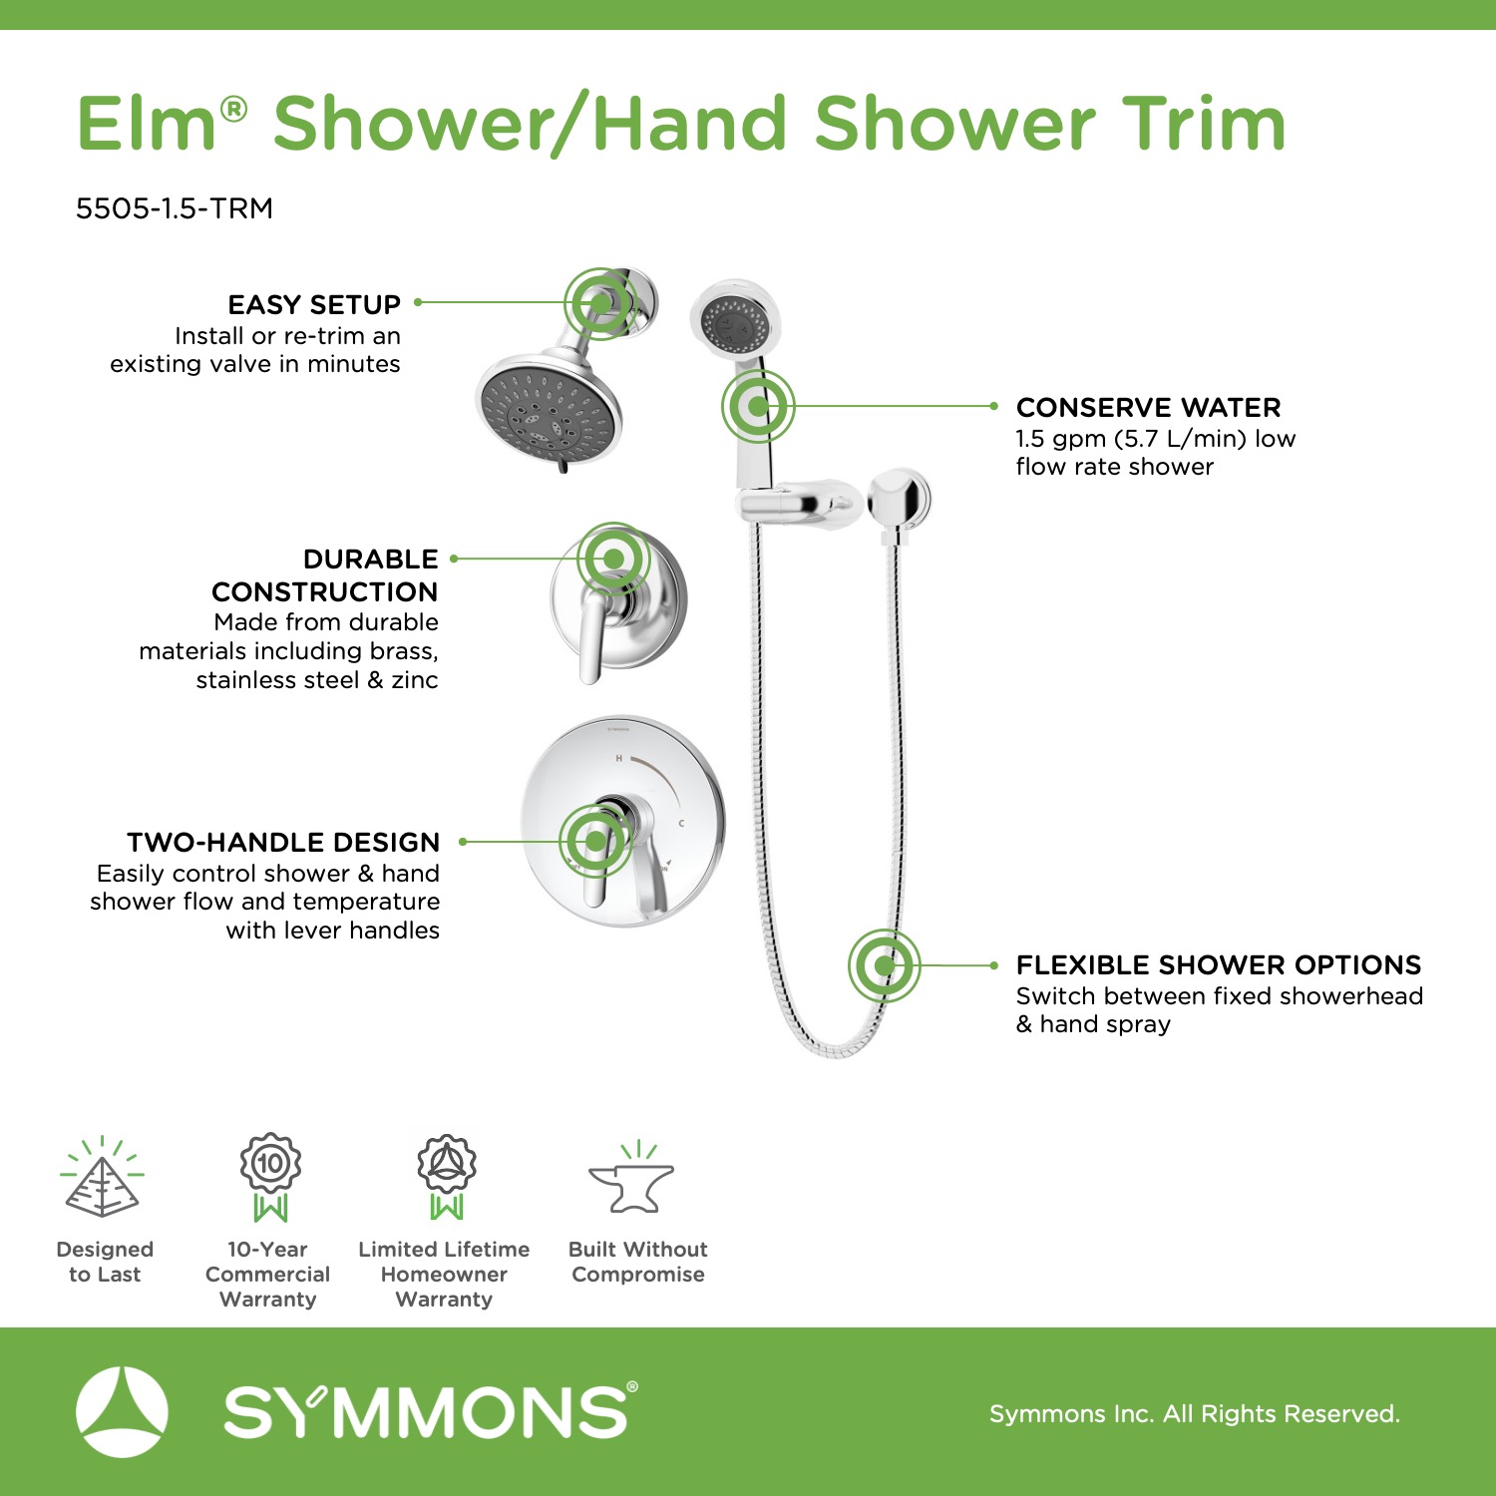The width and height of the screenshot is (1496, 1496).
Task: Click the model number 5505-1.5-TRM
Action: [x=175, y=208]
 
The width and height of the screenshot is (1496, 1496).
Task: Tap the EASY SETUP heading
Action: [x=314, y=304]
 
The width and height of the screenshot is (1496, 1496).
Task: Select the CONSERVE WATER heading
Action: [x=1148, y=407]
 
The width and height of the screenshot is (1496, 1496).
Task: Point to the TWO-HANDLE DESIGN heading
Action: [x=283, y=842]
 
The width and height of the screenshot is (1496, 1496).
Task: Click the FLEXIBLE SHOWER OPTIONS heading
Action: [x=1219, y=964]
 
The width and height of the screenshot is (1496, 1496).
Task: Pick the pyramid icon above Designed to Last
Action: [x=103, y=1178]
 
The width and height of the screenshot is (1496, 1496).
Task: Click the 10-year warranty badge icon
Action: [x=270, y=1177]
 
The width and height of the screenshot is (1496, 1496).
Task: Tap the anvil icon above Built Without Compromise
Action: [x=632, y=1179]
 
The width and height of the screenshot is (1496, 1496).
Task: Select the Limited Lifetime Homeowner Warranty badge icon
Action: [x=447, y=1177]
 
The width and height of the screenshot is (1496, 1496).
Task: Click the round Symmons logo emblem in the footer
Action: [x=122, y=1412]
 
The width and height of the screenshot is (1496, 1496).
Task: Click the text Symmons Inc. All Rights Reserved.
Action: [x=1195, y=1413]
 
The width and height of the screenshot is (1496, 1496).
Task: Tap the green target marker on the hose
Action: [x=884, y=965]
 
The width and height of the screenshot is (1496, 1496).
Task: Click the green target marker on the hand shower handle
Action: [x=758, y=406]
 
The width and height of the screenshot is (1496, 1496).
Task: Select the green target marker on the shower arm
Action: [x=600, y=302]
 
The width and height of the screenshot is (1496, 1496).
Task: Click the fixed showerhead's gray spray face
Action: [x=546, y=413]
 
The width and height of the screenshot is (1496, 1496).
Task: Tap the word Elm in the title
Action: [x=148, y=124]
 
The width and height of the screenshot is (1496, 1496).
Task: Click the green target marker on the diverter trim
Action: [x=614, y=559]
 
